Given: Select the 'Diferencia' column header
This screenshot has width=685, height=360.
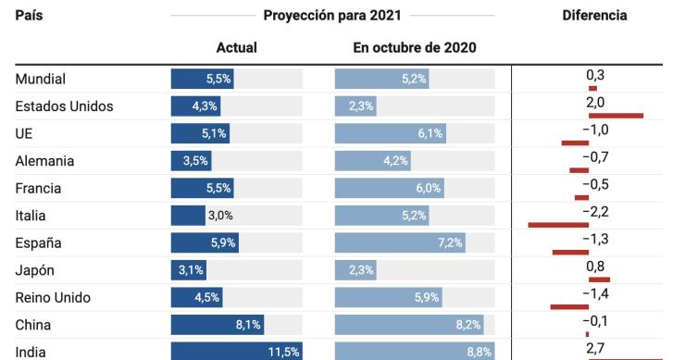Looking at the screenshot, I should (x=594, y=16).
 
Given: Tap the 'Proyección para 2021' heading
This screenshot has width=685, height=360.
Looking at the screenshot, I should (x=332, y=16).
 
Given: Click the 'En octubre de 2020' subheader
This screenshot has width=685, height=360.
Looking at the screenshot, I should (x=415, y=48).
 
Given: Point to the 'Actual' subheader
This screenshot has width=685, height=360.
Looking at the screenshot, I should (x=236, y=48).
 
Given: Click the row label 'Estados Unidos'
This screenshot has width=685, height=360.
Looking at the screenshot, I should (x=64, y=106).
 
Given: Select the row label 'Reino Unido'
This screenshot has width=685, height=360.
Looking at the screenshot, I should (x=53, y=298).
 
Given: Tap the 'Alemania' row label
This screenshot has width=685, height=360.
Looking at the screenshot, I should (x=44, y=161).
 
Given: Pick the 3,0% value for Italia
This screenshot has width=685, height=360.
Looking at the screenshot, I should (x=219, y=216).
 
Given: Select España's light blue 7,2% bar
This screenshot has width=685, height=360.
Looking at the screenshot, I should (x=400, y=243).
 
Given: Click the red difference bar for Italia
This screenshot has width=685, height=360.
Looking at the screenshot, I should (x=558, y=225).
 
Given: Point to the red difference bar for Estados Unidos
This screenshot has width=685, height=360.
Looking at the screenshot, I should (x=615, y=116).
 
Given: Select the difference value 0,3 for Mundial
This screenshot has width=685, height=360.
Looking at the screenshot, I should (x=594, y=73).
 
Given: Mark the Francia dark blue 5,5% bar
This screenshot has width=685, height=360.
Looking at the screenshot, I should (x=202, y=189).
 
